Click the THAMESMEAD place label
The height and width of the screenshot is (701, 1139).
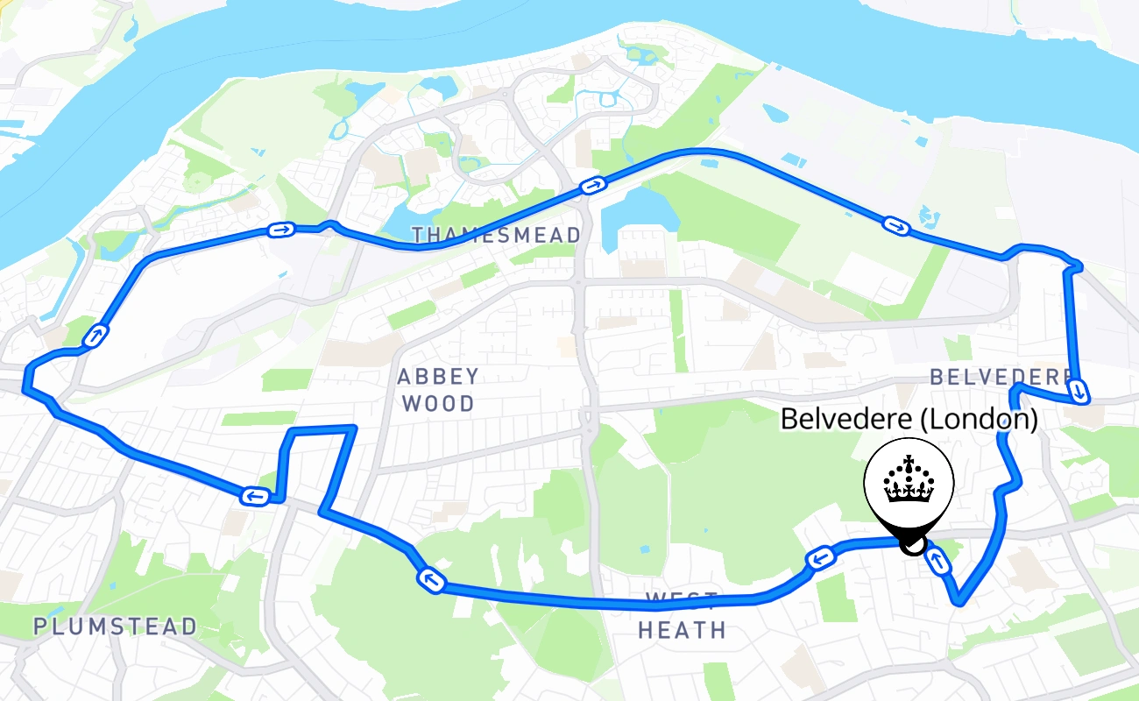click(496, 235)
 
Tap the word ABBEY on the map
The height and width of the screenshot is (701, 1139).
click(438, 377)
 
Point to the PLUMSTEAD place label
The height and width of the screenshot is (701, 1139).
click(116, 627)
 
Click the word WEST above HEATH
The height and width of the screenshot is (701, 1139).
click(682, 601)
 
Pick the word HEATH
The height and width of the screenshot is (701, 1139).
click(682, 630)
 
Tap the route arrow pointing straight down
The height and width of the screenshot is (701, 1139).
click(1080, 390)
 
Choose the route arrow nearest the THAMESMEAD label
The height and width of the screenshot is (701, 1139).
click(593, 186)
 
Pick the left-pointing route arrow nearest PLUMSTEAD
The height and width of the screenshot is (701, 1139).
click(253, 497)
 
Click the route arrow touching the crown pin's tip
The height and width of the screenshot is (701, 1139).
click(937, 562)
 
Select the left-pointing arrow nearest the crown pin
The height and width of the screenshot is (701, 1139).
click(818, 557)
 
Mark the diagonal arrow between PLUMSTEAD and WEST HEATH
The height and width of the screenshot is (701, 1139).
click(431, 580)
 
